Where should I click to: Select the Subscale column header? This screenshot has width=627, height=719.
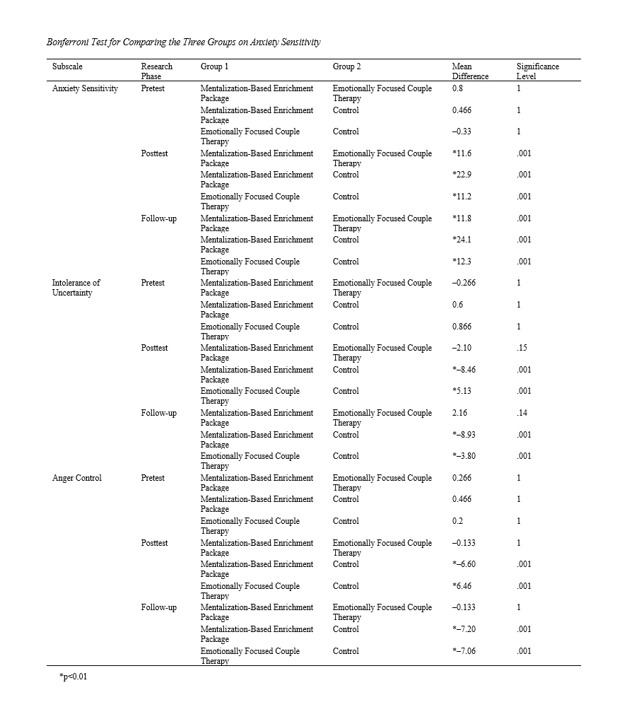[67, 66]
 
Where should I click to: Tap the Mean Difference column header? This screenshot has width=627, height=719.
[470, 71]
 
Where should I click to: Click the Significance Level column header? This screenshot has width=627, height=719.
[537, 71]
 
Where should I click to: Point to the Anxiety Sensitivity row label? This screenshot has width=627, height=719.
[85, 88]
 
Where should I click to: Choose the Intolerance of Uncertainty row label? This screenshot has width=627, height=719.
[76, 288]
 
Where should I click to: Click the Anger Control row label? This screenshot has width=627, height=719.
[77, 478]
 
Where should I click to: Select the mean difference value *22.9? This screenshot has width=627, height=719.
[463, 175]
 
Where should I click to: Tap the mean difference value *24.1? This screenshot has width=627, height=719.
[463, 240]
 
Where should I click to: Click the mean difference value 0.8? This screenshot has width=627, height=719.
[458, 88]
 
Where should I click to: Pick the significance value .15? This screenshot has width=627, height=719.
[522, 348]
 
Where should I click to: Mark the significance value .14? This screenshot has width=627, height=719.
[522, 413]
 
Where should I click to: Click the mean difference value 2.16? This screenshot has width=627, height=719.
[460, 413]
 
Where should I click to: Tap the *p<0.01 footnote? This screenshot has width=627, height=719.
[74, 677]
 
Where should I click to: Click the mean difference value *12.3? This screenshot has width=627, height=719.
[463, 262]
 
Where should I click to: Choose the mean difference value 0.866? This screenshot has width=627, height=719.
[462, 327]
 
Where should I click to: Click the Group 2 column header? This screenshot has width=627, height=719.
[347, 66]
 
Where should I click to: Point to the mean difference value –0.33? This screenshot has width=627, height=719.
[462, 131]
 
